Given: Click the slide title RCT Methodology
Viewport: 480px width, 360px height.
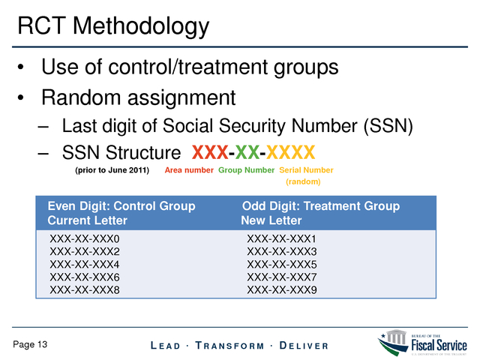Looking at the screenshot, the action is point(113,27).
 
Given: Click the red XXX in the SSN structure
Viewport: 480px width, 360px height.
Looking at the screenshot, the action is point(210,152).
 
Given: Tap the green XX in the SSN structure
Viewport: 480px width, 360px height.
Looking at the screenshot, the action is point(247,152).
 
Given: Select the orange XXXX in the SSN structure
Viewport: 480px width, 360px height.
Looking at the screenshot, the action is point(290,152).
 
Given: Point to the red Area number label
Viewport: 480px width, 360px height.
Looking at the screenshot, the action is point(189,170).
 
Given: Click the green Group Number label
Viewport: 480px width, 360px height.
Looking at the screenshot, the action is point(246,170).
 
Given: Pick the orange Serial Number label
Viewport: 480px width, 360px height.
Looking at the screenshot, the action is point(306,170).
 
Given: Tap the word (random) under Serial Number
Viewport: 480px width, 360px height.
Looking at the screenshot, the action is point(303,181).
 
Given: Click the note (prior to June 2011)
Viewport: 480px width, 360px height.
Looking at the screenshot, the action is point(112,170).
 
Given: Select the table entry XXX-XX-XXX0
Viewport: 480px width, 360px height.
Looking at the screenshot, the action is point(85,238).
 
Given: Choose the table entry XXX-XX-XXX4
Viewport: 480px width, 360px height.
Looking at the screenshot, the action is point(85,265).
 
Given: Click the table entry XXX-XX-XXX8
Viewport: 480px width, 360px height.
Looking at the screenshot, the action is point(85,290).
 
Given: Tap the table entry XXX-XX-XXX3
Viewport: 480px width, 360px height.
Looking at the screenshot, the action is point(282,252).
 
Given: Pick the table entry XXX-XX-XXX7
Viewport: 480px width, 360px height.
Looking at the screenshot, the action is point(282,277).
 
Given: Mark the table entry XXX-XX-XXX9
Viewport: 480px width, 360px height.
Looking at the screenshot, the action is point(282,290).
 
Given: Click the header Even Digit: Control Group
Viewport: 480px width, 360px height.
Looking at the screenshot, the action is point(121,206).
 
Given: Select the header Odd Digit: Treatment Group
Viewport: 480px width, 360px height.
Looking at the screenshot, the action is point(321,206).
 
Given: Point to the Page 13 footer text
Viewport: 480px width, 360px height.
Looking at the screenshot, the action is point(30,344).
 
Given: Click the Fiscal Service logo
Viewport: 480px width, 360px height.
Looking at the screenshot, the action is point(422,343).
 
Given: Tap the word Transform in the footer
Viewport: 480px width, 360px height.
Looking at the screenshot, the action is point(229,346).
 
